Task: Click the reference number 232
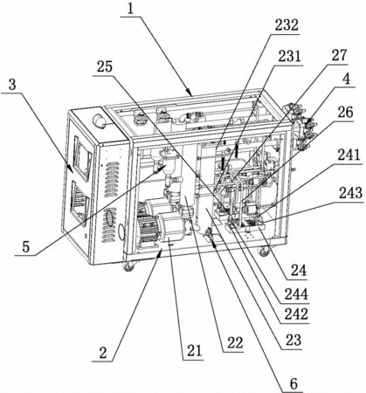[x=287, y=25]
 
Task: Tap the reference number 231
[x=289, y=56]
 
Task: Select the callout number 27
[x=340, y=55]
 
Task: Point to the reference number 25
[x=105, y=66]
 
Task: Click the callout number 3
[x=12, y=85]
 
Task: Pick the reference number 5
[x=26, y=247]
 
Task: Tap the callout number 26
[x=345, y=113]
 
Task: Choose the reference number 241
[x=349, y=155]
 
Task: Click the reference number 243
[x=350, y=193]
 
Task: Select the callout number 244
[x=296, y=294]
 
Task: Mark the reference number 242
[x=296, y=314]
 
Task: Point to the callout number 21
[x=194, y=351]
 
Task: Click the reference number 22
[x=235, y=343]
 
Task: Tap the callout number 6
[x=293, y=384]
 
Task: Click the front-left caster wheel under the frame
[x=128, y=266]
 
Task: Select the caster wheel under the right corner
[x=263, y=251]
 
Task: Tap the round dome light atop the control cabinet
[x=99, y=121]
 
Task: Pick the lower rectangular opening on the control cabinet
[x=79, y=203]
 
